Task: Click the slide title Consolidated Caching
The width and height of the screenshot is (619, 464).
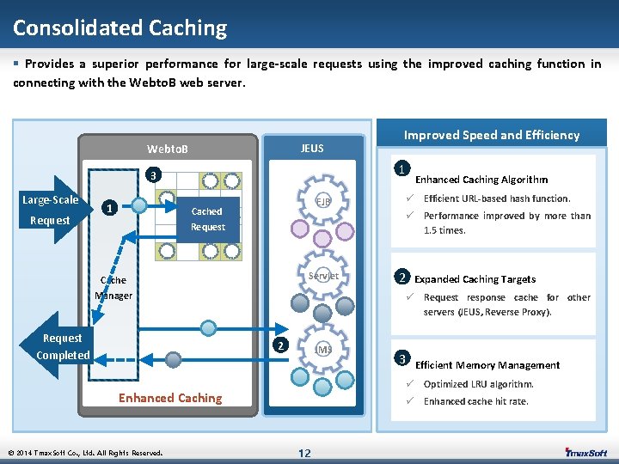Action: click(x=120, y=27)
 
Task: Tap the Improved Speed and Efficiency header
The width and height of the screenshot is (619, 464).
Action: click(x=492, y=134)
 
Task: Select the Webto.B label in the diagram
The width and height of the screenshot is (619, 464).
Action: click(x=168, y=150)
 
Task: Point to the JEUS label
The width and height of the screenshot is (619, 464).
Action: click(x=312, y=148)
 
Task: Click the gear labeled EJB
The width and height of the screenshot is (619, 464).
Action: click(x=322, y=201)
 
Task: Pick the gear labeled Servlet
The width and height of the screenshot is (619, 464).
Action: click(x=322, y=277)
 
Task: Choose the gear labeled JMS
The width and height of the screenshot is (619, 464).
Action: click(x=323, y=350)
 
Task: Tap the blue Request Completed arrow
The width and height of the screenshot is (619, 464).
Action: click(x=62, y=346)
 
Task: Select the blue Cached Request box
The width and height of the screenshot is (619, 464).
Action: click(x=207, y=219)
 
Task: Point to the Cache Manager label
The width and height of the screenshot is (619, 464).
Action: click(x=113, y=288)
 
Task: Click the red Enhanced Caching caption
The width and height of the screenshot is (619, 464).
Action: click(x=170, y=398)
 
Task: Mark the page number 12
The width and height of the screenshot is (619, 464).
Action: click(x=304, y=453)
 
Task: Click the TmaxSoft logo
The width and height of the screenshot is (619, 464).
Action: click(x=586, y=452)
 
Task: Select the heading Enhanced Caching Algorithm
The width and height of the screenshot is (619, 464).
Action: click(x=481, y=180)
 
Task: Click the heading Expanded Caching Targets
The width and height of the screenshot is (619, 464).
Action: click(x=475, y=279)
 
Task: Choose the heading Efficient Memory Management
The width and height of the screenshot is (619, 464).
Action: click(x=487, y=365)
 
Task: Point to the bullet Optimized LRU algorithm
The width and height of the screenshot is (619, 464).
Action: click(x=478, y=384)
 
